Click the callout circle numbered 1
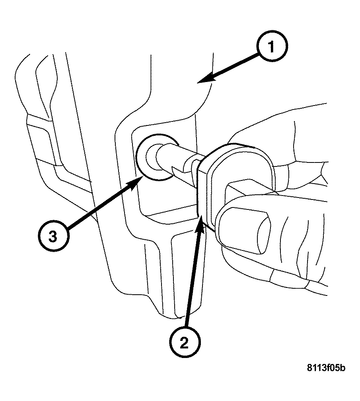271,47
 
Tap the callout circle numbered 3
53,236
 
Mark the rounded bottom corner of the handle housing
175,315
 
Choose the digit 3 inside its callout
53,236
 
